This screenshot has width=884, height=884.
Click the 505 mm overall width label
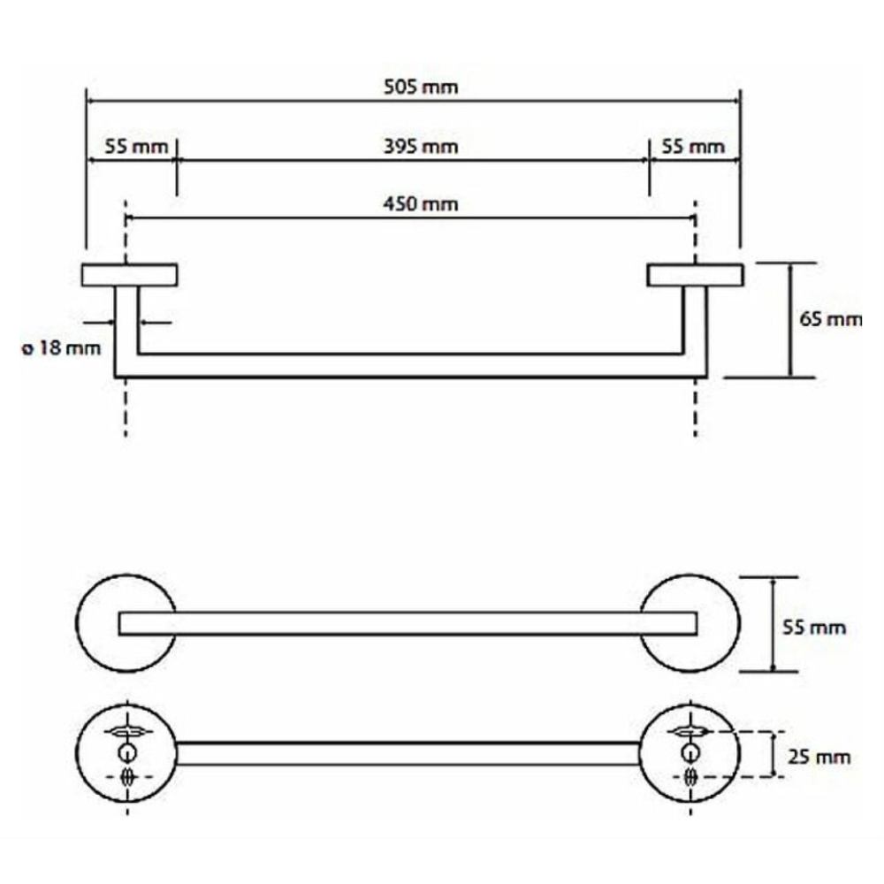(x=421, y=88)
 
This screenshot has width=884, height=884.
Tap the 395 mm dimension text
(x=421, y=147)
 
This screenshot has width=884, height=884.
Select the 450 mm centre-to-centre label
(x=421, y=204)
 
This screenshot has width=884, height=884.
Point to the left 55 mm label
(x=136, y=147)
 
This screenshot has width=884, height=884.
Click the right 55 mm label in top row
(x=693, y=147)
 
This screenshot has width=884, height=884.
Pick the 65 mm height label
(x=830, y=320)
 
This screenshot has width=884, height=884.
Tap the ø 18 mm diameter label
(x=61, y=347)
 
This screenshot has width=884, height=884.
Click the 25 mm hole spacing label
(x=819, y=757)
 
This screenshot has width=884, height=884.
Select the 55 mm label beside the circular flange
(x=814, y=628)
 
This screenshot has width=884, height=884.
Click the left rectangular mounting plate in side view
(x=129, y=275)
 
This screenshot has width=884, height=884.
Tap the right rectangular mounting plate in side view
(x=695, y=275)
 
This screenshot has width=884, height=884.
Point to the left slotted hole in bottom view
(x=128, y=732)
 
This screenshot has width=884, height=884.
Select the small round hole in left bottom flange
(x=126, y=752)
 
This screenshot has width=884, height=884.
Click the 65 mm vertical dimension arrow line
(x=789, y=320)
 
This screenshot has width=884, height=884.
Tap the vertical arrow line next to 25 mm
(x=773, y=754)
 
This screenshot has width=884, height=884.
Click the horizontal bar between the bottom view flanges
(x=408, y=754)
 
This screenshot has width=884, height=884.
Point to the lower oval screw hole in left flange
(x=128, y=777)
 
